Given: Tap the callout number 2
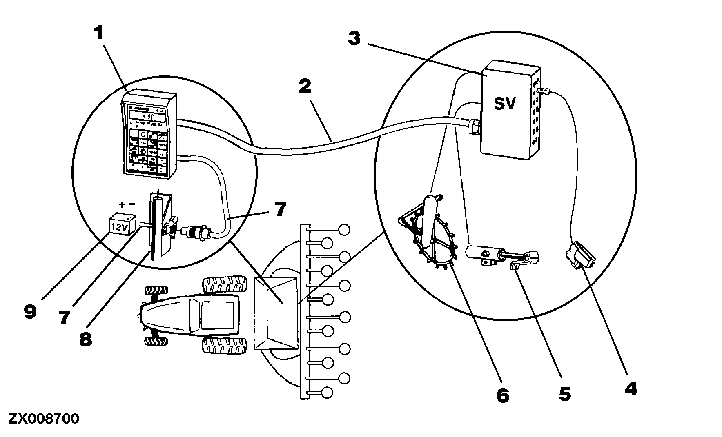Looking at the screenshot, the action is (x=305, y=87).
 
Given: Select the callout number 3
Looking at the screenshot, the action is (x=354, y=39).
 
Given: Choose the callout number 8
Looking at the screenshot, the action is (x=85, y=339).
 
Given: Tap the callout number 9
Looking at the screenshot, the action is (x=30, y=313).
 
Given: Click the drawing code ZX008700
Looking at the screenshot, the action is (x=44, y=419).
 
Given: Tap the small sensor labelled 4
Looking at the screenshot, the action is (x=580, y=256).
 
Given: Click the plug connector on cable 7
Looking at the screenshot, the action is (x=197, y=233).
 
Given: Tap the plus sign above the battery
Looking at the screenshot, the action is (x=122, y=205).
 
